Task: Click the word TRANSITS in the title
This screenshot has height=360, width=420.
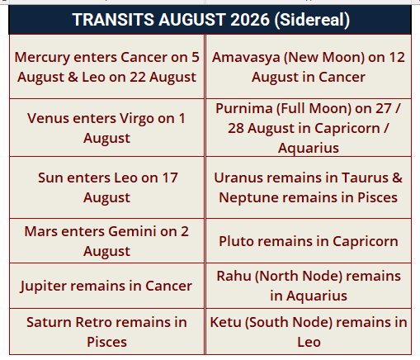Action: pyautogui.click(x=113, y=20)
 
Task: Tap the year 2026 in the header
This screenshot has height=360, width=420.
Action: pyautogui.click(x=250, y=20)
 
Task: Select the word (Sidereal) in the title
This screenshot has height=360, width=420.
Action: pyautogui.click(x=312, y=21)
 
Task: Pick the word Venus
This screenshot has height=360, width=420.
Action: pyautogui.click(x=45, y=118)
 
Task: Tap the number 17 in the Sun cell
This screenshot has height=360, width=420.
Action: pyautogui.click(x=170, y=178)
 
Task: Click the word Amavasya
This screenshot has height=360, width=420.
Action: pyautogui.click(x=246, y=58)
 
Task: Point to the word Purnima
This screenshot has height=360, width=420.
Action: pyautogui.click(x=243, y=108)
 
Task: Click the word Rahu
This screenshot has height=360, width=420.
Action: pyautogui.click(x=234, y=276)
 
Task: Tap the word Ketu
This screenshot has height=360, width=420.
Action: pyautogui.click(x=225, y=322)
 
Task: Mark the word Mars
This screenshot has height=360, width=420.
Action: pyautogui.click(x=40, y=231)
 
